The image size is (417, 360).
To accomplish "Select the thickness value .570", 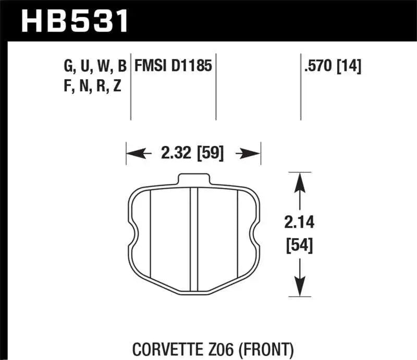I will pyautogui.click(x=318, y=66).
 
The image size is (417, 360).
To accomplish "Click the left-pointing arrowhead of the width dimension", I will pyautogui.click(x=133, y=153).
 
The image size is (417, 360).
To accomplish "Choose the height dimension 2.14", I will pyautogui.click(x=299, y=224).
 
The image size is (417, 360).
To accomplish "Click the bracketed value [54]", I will pyautogui.click(x=299, y=244).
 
